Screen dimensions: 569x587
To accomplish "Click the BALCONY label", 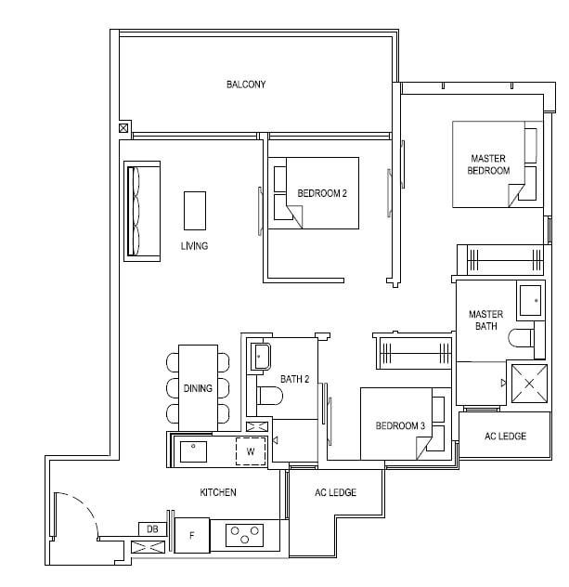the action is tap(246, 85).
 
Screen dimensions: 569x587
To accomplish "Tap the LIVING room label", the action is tap(194, 246).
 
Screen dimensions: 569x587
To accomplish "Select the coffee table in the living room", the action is tap(195, 211).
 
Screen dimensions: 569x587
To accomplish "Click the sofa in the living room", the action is tap(142, 211).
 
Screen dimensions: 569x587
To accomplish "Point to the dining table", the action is tap(199, 388).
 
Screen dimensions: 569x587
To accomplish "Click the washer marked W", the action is tap(251, 451).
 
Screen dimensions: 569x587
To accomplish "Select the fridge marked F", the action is tap(192, 535).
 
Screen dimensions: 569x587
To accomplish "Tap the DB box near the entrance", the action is tap(152, 529).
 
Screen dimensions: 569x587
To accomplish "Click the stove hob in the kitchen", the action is tap(245, 535).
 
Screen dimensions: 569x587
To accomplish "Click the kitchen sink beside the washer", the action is tap(193, 451).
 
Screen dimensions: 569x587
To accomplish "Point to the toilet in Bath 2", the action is tap(269, 396).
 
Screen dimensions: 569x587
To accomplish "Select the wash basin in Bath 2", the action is tap(261, 356).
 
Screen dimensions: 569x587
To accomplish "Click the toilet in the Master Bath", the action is tap(521, 338).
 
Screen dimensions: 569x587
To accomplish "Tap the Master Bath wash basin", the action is tap(530, 301).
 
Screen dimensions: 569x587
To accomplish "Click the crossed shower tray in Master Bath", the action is tap(529, 384).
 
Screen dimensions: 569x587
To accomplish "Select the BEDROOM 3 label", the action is tap(400, 425).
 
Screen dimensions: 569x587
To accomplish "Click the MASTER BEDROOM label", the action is tap(488, 164).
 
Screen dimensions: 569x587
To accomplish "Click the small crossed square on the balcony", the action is tap(123, 128).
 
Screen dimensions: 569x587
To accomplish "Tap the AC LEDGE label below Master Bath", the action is tap(505, 437).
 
